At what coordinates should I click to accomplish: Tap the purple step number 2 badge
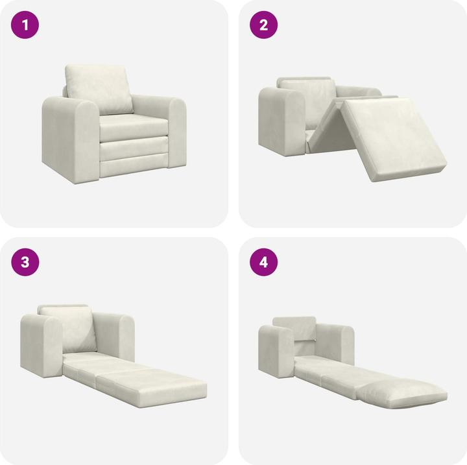[x=264, y=26]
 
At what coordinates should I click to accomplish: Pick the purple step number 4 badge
[x=264, y=262]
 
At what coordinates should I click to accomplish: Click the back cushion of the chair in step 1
[x=99, y=88]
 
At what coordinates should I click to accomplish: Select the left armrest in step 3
[x=42, y=344]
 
